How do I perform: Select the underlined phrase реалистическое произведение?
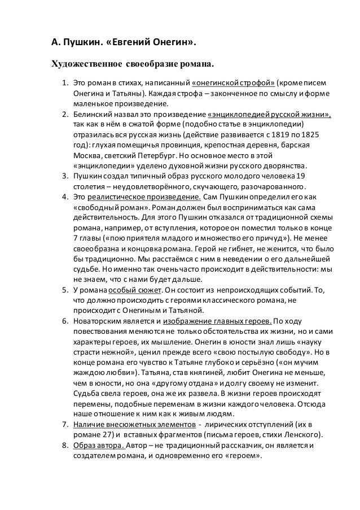[x=146, y=197]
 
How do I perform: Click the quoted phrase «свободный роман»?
[x=107, y=207]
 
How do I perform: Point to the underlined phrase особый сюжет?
[x=131, y=290]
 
